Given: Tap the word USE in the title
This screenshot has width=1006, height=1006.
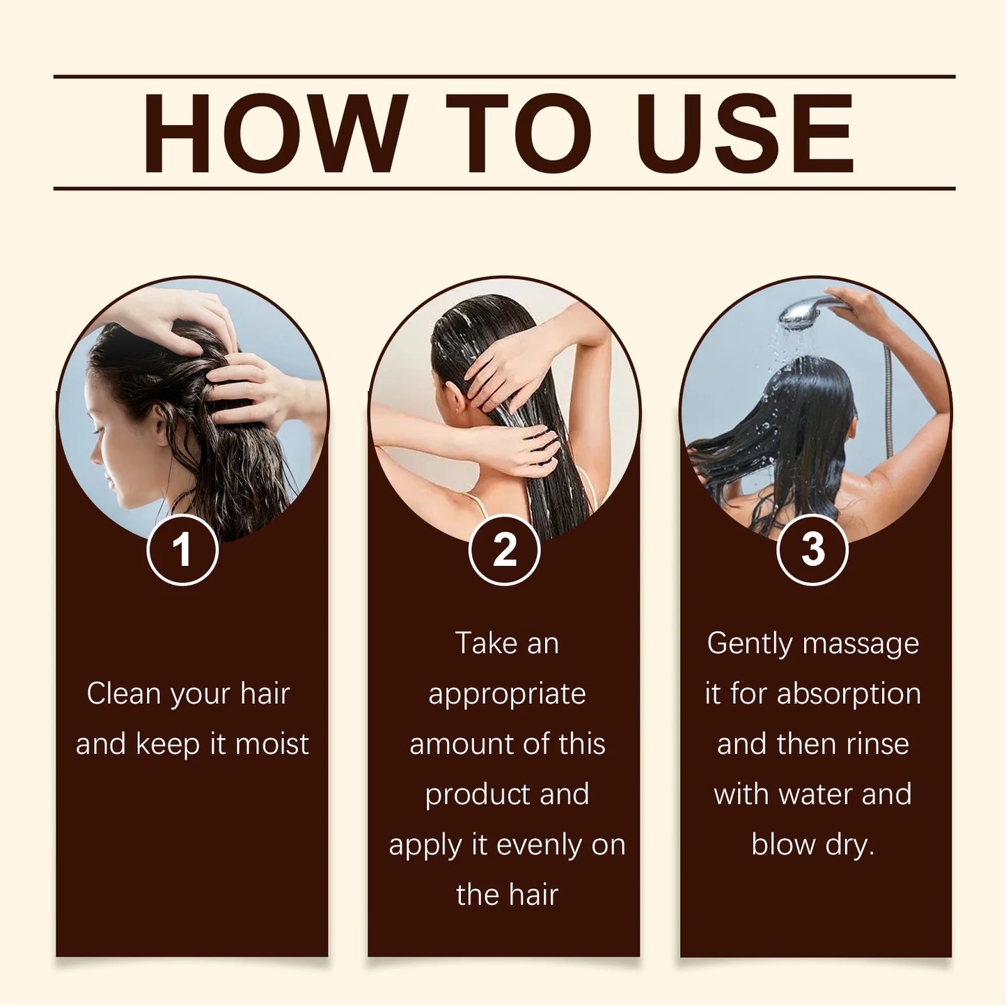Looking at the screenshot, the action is pos(744,133).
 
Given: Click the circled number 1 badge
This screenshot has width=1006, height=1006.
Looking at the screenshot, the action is pos(182,550).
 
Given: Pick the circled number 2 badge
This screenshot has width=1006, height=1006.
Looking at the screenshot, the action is pos(504,550).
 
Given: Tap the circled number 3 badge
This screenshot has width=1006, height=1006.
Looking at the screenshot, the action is pos(812,550).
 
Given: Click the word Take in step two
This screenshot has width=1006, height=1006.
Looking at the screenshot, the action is pos(485,643).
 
